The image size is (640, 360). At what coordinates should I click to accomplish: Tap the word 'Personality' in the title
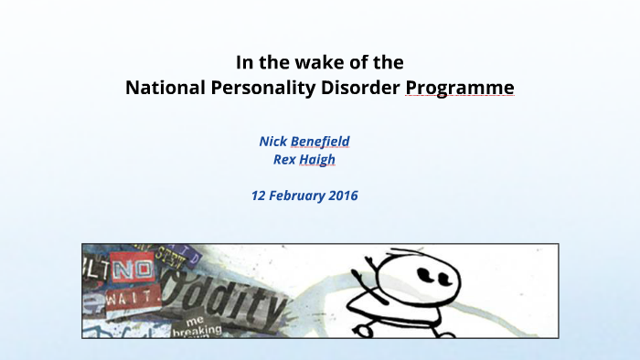point(260,89)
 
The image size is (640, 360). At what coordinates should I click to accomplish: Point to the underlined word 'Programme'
point(460,89)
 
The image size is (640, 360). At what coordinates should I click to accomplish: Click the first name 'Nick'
point(272,142)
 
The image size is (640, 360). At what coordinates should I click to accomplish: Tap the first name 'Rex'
point(285,159)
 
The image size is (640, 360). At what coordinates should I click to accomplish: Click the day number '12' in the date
point(260,196)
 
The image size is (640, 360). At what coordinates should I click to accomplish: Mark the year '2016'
point(344,196)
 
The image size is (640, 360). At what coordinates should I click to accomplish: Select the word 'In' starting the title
point(244,63)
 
